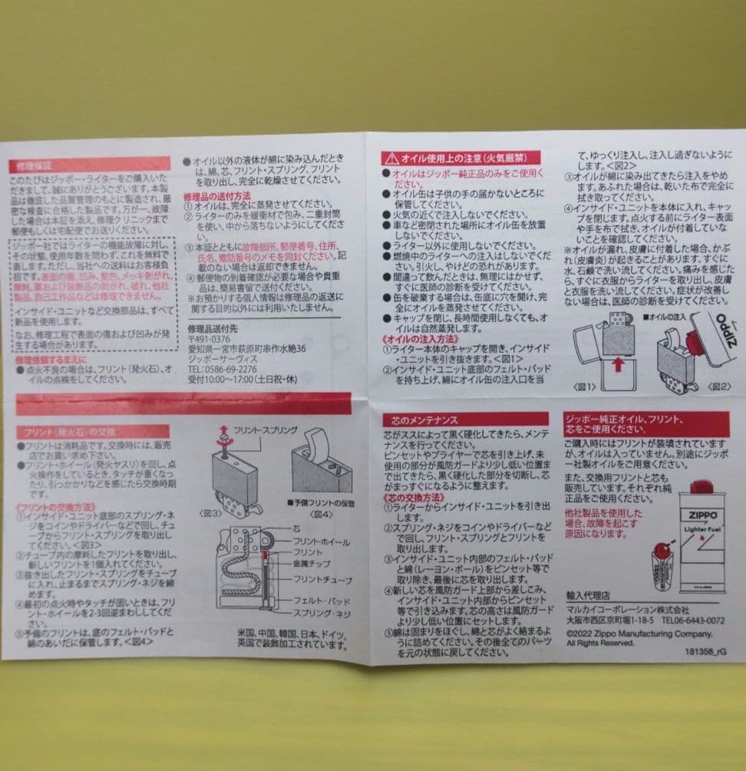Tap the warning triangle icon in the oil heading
pyautogui.click(x=391, y=158)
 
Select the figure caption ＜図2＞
pyautogui.click(x=719, y=385)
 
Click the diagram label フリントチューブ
pyautogui.click(x=321, y=580)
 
